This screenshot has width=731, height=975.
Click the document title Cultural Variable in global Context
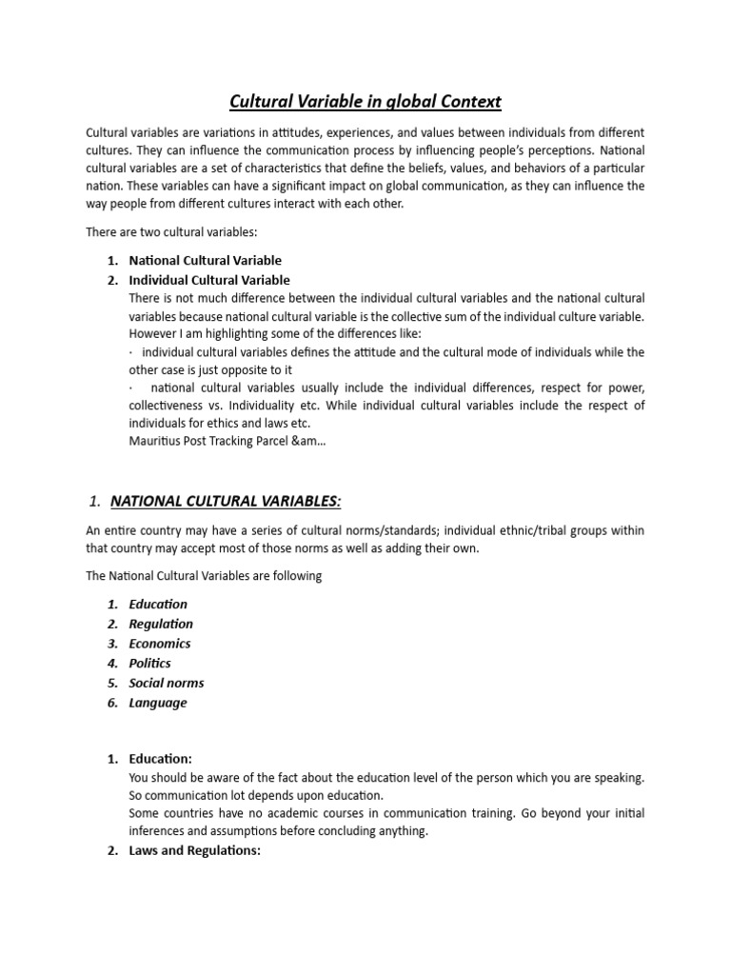click(x=365, y=100)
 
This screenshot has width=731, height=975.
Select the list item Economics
click(x=160, y=644)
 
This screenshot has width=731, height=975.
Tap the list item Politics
click(x=150, y=663)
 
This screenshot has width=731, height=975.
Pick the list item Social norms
click(x=167, y=683)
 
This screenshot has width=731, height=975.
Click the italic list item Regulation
click(x=161, y=624)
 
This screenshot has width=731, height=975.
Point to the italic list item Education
click(x=158, y=604)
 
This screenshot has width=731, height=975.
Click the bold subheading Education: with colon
click(x=161, y=759)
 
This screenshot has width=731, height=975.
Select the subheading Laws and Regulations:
click(x=194, y=850)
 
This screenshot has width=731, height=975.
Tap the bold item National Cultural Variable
click(x=206, y=260)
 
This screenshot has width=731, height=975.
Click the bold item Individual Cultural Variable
click(x=209, y=280)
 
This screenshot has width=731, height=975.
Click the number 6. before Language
click(x=112, y=703)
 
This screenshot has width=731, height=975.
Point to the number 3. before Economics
click(x=112, y=644)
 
